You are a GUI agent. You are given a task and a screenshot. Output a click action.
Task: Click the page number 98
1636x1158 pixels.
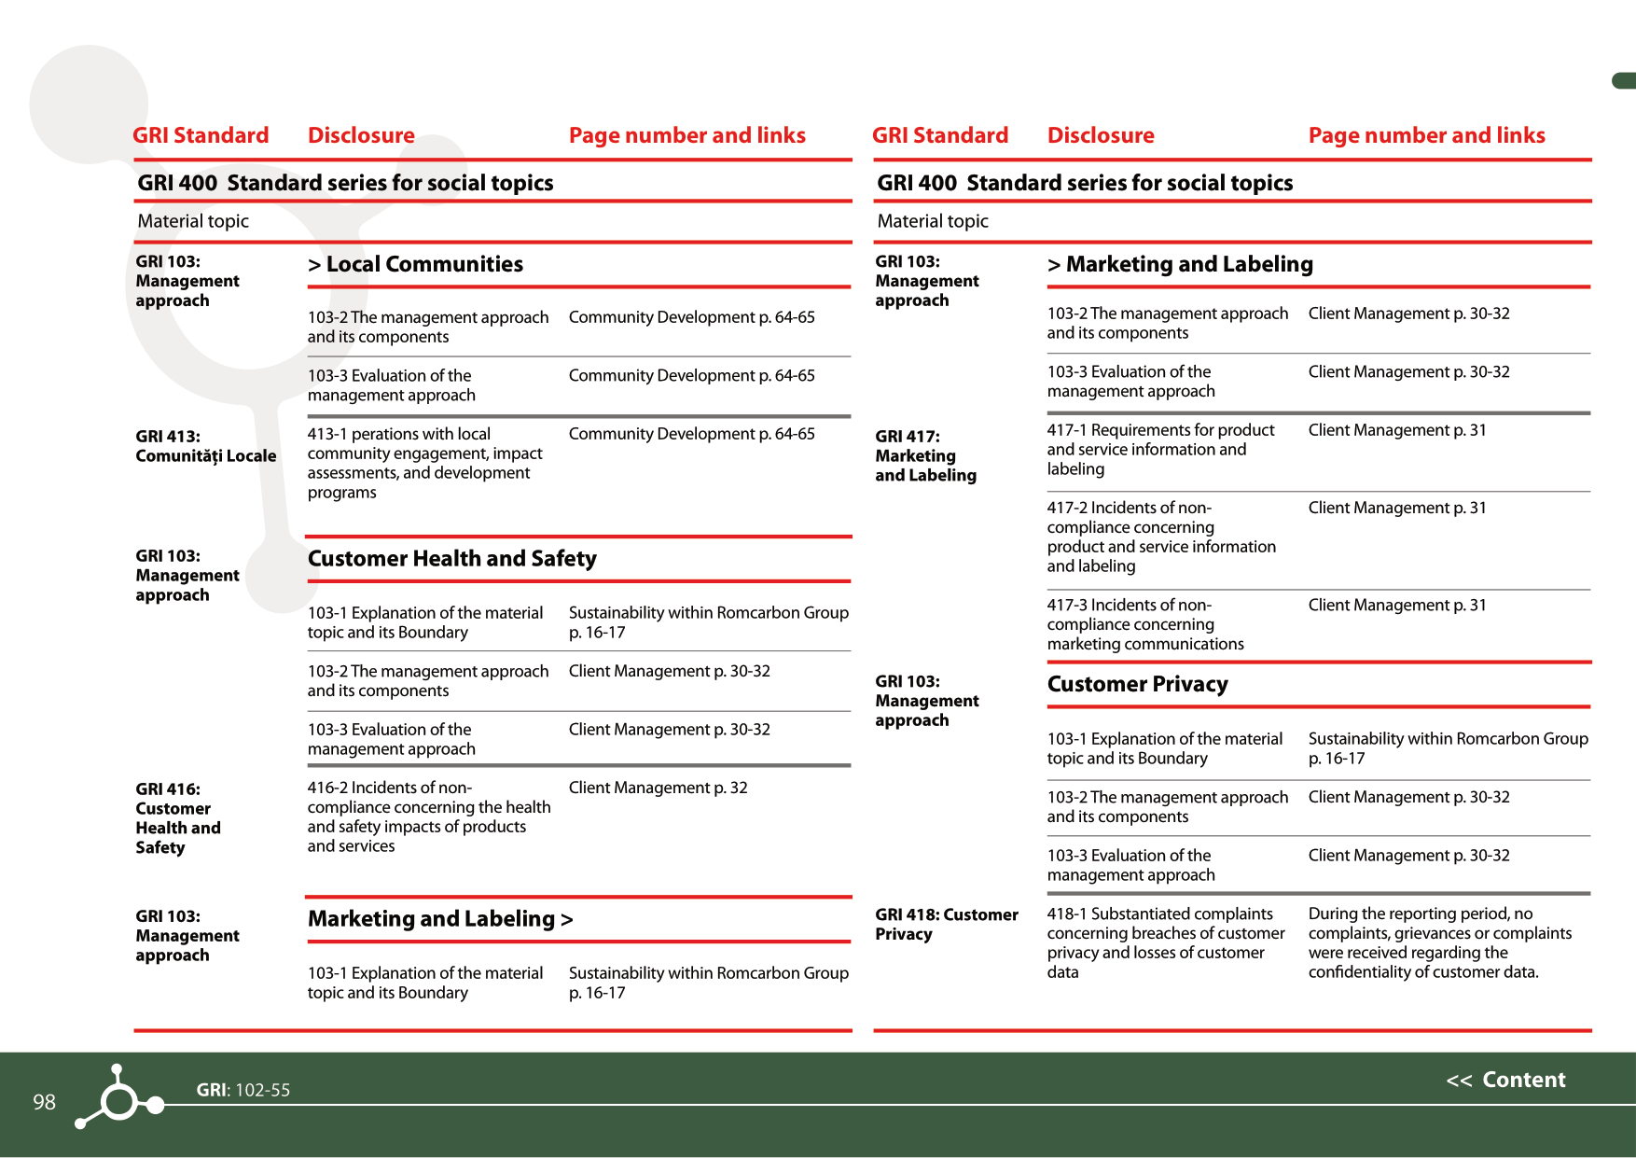coord(44,1102)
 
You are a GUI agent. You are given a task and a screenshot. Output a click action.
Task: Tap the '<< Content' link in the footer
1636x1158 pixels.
coord(1505,1080)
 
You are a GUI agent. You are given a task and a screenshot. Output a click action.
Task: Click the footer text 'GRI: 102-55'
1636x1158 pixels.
coord(243,1090)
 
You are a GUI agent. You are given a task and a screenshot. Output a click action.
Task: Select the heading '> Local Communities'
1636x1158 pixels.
coord(415,264)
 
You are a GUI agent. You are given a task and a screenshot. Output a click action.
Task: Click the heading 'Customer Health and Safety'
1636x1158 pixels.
coord(451,558)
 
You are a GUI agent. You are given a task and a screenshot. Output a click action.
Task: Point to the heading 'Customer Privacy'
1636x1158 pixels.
coord(1137,684)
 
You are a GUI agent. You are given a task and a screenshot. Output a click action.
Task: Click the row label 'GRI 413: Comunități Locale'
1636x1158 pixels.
coord(205,446)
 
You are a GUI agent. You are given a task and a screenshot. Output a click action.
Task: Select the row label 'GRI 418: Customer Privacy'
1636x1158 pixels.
coord(946,924)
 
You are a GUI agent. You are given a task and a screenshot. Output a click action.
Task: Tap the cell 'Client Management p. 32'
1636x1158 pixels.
coord(658,788)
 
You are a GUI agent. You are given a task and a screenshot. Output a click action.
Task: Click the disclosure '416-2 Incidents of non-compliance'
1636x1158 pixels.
coord(428,816)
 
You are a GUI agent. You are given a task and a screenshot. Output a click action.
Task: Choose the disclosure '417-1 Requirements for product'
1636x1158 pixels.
coord(1159,449)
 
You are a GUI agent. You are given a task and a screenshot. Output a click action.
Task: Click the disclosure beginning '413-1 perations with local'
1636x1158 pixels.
coord(424,463)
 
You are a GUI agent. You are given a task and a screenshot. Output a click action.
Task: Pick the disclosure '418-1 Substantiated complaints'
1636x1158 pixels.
coord(1165,942)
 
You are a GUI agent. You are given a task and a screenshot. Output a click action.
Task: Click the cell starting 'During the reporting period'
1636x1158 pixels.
coord(1439,942)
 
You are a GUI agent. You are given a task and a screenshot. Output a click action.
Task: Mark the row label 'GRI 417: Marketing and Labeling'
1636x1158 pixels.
coord(925,455)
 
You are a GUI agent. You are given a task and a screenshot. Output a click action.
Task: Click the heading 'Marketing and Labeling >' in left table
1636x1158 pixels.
coord(440,919)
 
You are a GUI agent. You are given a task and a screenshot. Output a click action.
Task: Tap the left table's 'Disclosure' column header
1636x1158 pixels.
coord(361,135)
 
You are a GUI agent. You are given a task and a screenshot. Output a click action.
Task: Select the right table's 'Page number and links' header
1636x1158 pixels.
coord(1426,135)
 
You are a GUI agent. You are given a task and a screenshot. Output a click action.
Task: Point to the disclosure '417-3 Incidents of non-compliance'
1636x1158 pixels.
coord(1144,624)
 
